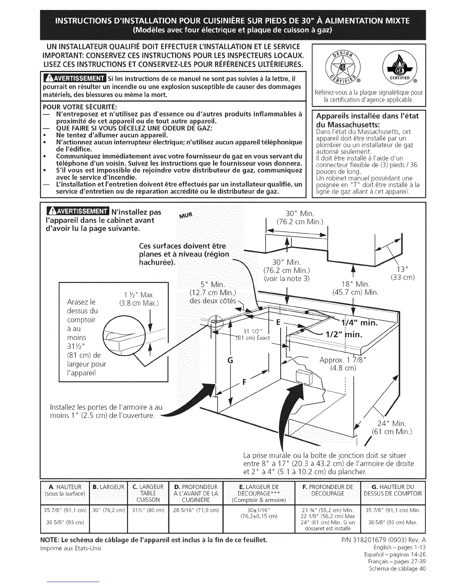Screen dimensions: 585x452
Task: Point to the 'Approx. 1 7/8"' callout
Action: pos(343,360)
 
